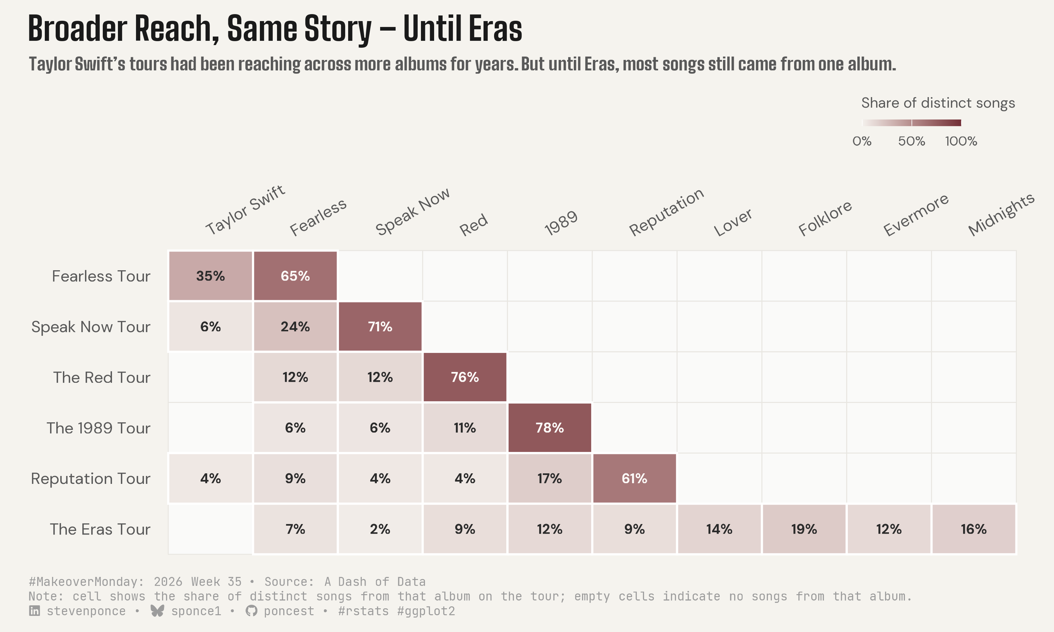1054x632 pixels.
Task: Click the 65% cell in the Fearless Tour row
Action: point(295,276)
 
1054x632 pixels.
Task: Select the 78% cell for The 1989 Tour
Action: point(550,428)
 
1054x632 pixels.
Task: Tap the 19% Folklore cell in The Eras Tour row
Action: point(804,529)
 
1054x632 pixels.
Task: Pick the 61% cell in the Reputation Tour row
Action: point(634,478)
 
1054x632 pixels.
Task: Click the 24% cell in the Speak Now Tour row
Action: point(295,327)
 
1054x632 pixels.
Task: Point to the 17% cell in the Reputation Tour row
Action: point(550,478)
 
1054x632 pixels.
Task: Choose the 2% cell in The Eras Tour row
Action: point(380,529)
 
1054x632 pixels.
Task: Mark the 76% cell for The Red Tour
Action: point(465,377)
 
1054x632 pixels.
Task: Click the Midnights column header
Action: point(1001,214)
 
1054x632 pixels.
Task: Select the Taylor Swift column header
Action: point(245,210)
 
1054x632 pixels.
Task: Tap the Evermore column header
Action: point(916,215)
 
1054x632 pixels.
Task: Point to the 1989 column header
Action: point(561,223)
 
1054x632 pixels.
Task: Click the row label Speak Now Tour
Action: point(91,327)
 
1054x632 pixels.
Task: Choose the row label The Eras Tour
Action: point(100,529)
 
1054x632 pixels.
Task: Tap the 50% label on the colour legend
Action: point(911,141)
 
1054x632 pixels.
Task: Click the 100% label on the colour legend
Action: point(961,141)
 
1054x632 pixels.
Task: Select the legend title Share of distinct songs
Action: point(938,103)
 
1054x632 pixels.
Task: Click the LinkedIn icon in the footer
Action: point(35,611)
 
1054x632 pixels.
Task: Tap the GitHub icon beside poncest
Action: point(251,611)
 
